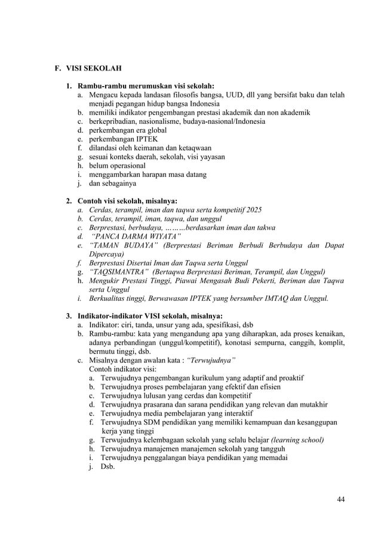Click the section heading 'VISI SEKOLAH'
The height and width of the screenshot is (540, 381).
coord(93,68)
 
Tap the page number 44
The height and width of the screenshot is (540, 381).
coord(340,499)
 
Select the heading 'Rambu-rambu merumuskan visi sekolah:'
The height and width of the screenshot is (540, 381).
coord(146,85)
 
